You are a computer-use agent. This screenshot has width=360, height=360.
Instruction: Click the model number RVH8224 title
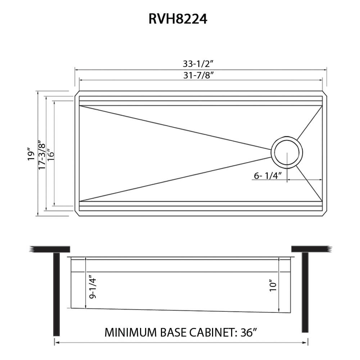pos(178,19)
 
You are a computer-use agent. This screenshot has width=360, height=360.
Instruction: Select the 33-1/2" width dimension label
pos(198,64)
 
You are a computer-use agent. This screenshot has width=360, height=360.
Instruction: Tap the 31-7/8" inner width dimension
pos(198,76)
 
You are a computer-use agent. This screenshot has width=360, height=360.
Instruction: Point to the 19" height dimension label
pos(32,154)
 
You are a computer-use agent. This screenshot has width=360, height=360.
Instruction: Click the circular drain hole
pos(287,152)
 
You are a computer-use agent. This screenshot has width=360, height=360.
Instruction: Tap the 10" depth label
pos(273,285)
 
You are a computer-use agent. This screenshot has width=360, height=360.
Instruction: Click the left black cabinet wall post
pos(56,293)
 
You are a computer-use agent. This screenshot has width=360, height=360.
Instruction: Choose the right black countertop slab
pos(310,249)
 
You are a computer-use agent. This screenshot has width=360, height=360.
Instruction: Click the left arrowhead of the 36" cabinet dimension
pos(56,343)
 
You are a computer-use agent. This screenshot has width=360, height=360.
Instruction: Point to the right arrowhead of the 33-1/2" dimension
pos(325,68)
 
